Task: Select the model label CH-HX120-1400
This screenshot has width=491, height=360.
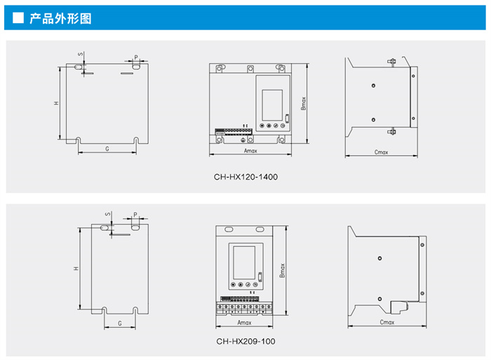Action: click(246, 177)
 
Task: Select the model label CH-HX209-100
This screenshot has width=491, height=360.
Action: click(245, 341)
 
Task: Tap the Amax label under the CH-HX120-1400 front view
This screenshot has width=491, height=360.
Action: click(250, 151)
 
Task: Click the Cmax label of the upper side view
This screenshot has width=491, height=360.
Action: click(382, 152)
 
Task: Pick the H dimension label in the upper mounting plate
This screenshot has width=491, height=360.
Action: click(56, 103)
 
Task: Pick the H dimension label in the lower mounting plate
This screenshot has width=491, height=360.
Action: click(75, 269)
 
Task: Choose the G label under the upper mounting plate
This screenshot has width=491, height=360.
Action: click(107, 149)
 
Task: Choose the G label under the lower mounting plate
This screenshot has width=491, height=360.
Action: click(120, 323)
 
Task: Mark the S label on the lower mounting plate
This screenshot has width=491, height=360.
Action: click(107, 215)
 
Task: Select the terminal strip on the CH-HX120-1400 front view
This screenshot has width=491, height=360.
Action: click(233, 131)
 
